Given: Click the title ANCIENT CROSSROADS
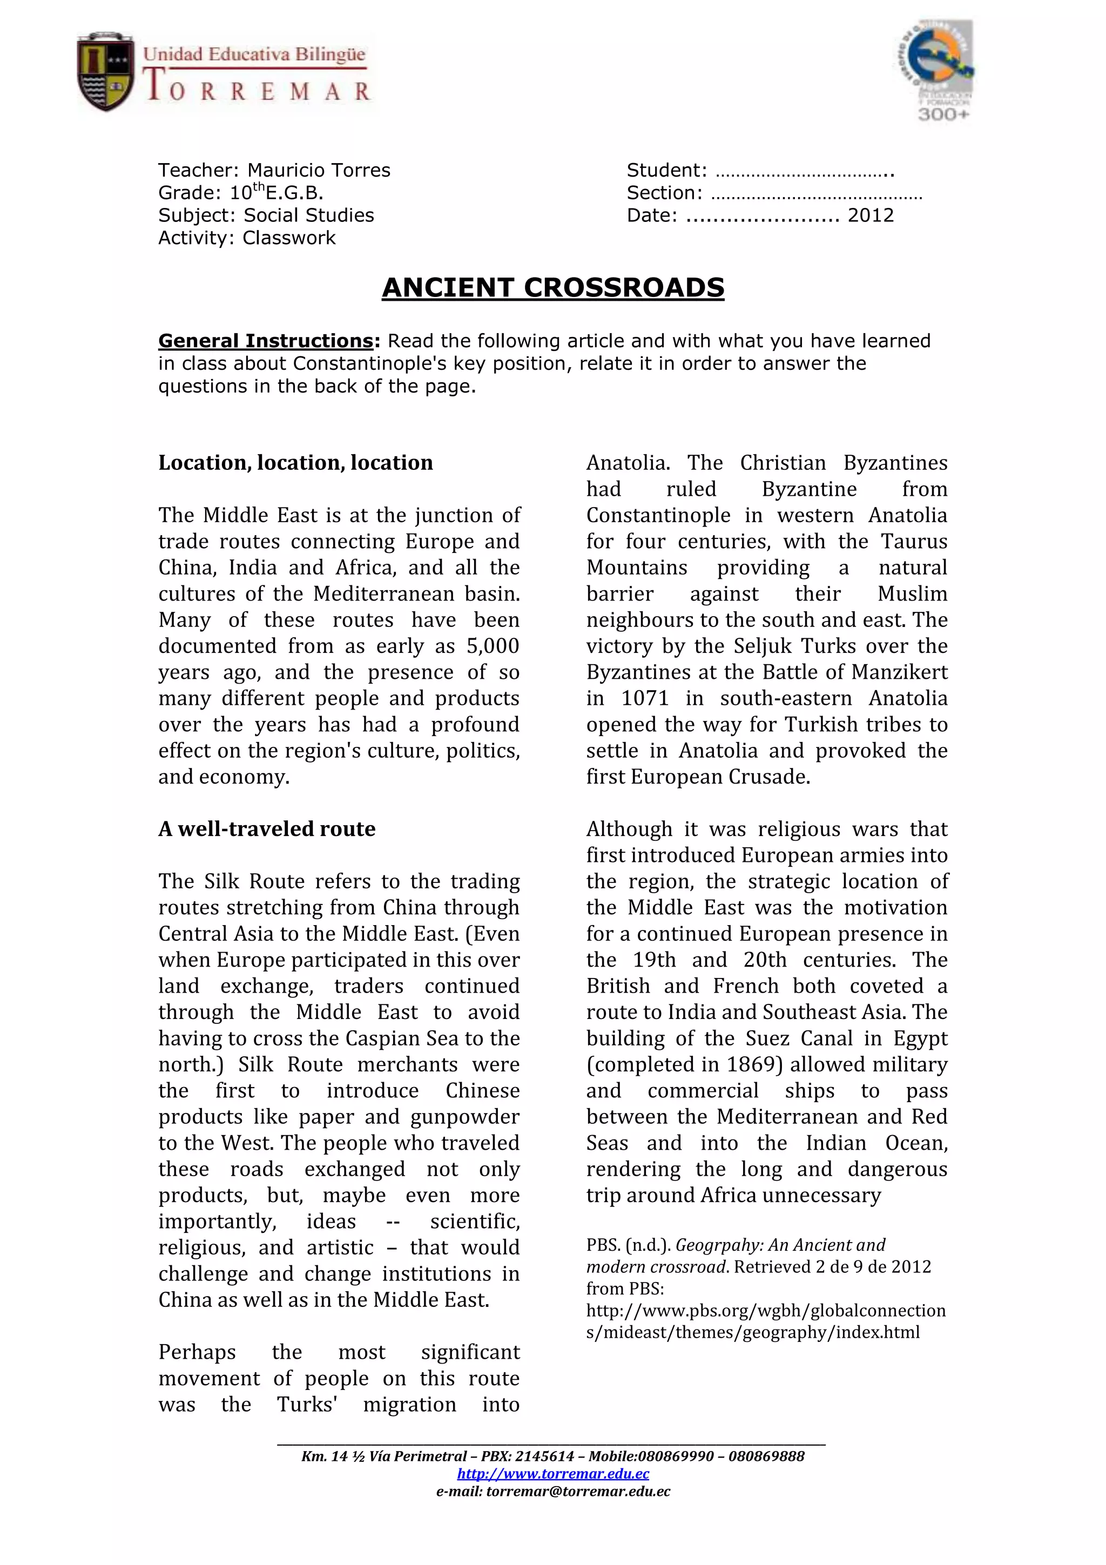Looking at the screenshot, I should tap(552, 288).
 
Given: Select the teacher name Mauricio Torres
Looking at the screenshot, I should tap(318, 171).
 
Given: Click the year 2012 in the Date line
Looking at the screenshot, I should tap(870, 215).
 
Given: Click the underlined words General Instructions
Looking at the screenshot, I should tap(265, 341).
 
